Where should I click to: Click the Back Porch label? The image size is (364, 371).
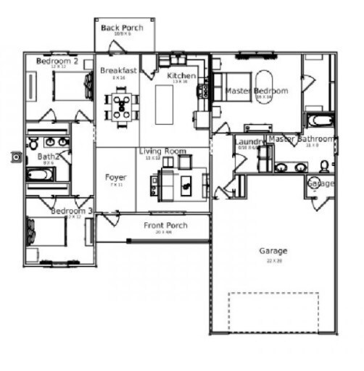[122, 28]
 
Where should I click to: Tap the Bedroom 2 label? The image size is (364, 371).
[57, 62]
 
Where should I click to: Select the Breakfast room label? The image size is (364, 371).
[118, 70]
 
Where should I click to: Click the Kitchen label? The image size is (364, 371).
[181, 76]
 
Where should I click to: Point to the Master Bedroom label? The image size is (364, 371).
[257, 91]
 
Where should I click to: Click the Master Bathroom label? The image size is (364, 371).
[301, 138]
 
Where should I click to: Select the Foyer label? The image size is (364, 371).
[115, 177]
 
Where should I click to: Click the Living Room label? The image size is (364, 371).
[162, 151]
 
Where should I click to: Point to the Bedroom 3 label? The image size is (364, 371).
[72, 211]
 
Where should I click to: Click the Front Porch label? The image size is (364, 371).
[165, 226]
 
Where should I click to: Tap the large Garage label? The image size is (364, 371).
[273, 251]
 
